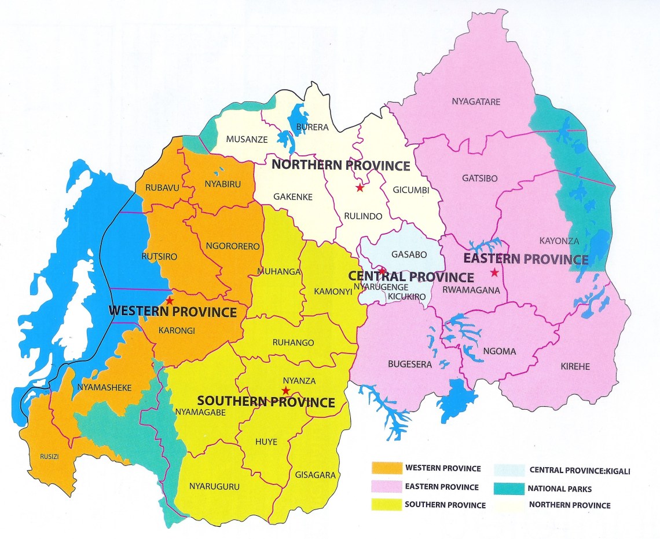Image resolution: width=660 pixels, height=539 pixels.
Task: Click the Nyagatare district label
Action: pyautogui.click(x=475, y=102)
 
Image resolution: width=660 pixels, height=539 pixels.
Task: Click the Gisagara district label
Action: pyautogui.click(x=315, y=475)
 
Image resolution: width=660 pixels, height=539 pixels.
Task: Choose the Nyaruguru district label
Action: pyautogui.click(x=214, y=487)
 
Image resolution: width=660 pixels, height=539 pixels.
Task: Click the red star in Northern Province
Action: pyautogui.click(x=360, y=188)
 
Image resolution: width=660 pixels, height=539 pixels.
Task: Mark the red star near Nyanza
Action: pyautogui.click(x=285, y=391)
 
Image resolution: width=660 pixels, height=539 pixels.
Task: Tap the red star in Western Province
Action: pyautogui.click(x=169, y=301)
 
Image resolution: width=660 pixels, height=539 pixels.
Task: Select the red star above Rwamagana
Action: pyautogui.click(x=494, y=272)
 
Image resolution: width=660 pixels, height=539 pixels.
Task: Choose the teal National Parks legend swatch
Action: pyautogui.click(x=510, y=489)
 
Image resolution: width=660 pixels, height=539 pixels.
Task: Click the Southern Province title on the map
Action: pyautogui.click(x=266, y=402)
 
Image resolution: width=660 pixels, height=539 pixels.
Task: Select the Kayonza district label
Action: pyautogui.click(x=555, y=240)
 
